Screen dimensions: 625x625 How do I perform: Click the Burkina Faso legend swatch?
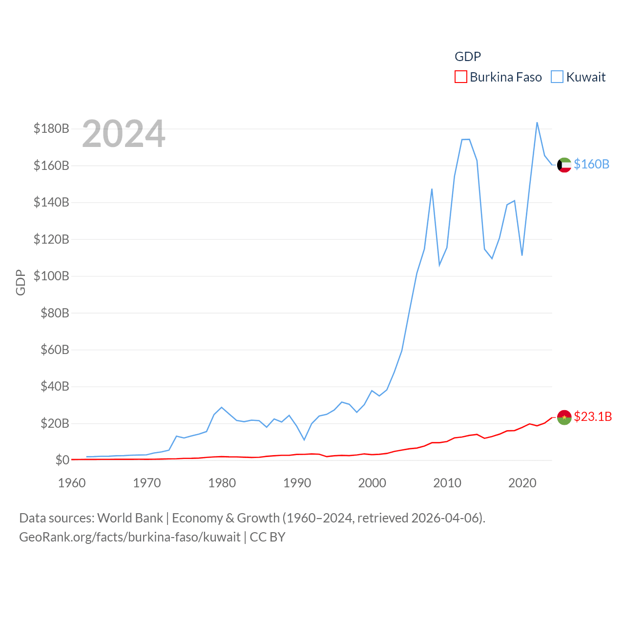(x=461, y=77)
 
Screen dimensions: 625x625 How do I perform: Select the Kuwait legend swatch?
(x=557, y=77)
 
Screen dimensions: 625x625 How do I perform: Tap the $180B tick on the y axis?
(x=51, y=128)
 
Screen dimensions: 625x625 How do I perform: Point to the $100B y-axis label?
(x=51, y=276)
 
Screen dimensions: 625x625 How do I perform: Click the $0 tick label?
(x=62, y=460)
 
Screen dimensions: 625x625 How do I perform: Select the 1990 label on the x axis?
(x=297, y=483)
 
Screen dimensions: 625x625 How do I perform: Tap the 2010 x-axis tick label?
(x=447, y=483)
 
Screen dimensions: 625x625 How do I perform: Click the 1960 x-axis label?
(x=72, y=483)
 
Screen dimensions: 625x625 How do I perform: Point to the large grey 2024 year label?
(x=124, y=134)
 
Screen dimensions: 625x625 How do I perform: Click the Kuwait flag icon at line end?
(x=564, y=165)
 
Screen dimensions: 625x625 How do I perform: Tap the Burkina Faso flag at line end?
(x=564, y=417)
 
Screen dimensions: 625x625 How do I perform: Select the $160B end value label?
(x=591, y=164)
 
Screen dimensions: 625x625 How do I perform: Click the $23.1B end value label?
(x=593, y=417)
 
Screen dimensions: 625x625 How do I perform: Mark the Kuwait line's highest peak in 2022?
(x=537, y=123)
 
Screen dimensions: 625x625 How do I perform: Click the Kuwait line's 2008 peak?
(x=432, y=189)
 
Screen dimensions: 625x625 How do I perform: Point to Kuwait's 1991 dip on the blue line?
(x=304, y=440)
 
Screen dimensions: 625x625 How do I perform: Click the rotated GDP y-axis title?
(x=21, y=282)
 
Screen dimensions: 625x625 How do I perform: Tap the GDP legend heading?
(x=468, y=57)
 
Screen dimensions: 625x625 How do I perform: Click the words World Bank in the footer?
(x=130, y=518)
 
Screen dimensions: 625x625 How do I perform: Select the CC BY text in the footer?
(x=268, y=537)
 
